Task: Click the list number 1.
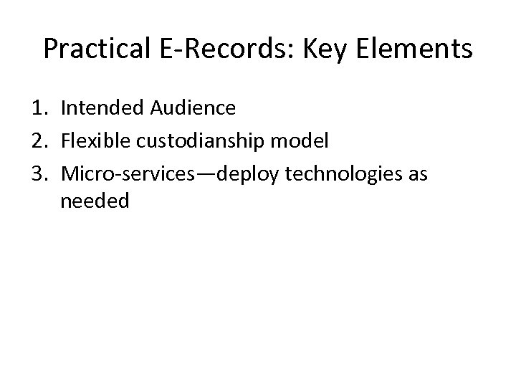[x=39, y=108]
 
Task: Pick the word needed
[x=95, y=201]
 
